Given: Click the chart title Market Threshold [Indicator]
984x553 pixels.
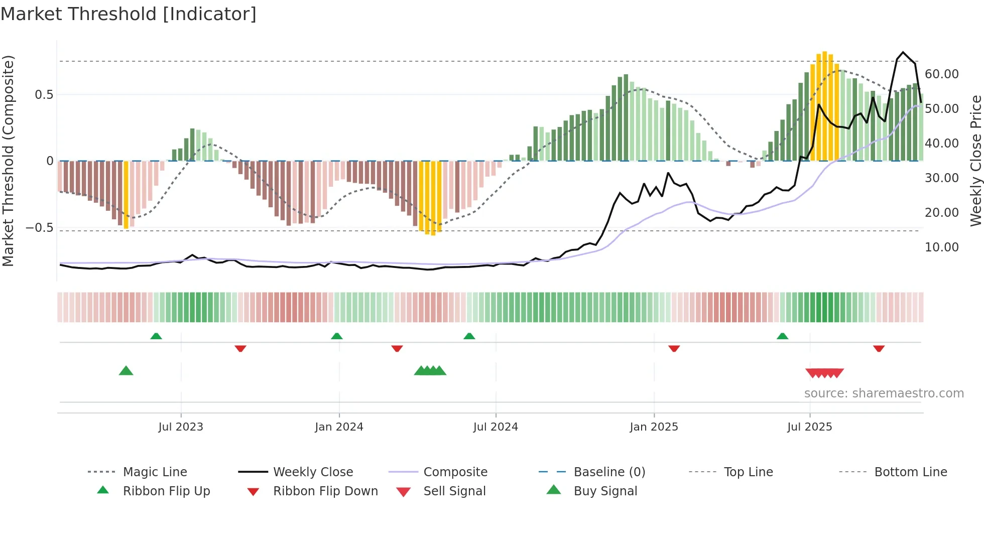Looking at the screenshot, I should [x=129, y=14].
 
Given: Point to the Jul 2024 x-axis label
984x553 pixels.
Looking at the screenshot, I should [x=496, y=427].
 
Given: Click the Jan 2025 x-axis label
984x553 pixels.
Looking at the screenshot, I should [x=654, y=427].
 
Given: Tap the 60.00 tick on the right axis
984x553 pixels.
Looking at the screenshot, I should [x=941, y=74].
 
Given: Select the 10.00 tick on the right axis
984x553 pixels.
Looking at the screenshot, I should [x=941, y=247].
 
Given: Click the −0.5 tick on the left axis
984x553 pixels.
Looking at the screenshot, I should [x=39, y=228].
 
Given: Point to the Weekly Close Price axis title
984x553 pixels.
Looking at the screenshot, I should [x=975, y=161].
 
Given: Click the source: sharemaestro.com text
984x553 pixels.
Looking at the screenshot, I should [x=884, y=393].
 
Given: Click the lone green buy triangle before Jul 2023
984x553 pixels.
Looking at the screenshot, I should [x=126, y=371].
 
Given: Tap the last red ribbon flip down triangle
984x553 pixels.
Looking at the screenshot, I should [x=879, y=348].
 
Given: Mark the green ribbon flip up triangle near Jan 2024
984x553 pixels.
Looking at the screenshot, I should [x=337, y=336].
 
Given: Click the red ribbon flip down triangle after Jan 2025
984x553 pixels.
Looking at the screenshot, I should [x=674, y=348].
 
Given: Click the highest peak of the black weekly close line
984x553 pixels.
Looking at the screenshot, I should [x=903, y=52].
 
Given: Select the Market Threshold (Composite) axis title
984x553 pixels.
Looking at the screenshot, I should [x=8, y=161].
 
